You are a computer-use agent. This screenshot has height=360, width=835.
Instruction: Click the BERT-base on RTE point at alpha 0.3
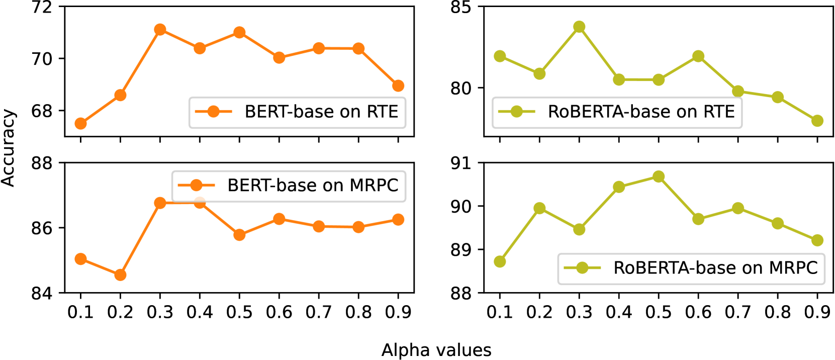click(x=160, y=30)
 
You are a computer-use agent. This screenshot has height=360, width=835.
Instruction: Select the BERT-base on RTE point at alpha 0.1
click(x=80, y=124)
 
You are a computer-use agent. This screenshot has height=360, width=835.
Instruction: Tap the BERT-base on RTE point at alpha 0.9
click(x=398, y=86)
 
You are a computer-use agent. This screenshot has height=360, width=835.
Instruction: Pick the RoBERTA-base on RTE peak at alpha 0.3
click(x=579, y=27)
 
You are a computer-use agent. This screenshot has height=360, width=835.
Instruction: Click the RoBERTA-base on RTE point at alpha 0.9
click(x=817, y=121)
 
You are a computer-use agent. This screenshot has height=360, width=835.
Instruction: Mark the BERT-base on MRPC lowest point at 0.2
click(x=120, y=275)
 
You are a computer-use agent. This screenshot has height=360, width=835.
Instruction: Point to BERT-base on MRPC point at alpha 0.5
click(x=239, y=235)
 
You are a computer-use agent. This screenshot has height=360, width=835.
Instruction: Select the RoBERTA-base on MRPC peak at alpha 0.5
click(x=659, y=176)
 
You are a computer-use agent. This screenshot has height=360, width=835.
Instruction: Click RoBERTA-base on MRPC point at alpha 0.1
click(x=500, y=261)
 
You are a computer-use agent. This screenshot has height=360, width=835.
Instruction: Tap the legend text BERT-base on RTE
click(x=321, y=112)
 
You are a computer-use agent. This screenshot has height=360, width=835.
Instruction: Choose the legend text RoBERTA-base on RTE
click(x=641, y=112)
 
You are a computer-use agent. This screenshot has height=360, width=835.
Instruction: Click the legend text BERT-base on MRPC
click(x=313, y=186)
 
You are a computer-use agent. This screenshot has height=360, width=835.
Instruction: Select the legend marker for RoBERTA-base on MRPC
click(x=582, y=268)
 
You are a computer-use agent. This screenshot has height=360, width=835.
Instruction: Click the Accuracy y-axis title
click(x=8, y=148)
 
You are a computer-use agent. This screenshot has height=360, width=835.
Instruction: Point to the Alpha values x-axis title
click(x=436, y=350)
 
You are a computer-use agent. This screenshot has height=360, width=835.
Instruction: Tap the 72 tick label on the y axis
click(x=41, y=8)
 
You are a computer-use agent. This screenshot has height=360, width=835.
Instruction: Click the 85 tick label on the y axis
click(x=460, y=8)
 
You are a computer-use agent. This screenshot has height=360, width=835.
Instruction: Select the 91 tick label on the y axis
click(x=460, y=163)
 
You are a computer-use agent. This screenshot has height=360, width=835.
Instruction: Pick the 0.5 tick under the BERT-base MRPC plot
click(x=239, y=312)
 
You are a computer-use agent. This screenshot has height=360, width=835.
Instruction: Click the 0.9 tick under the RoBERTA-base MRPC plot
click(x=817, y=312)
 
